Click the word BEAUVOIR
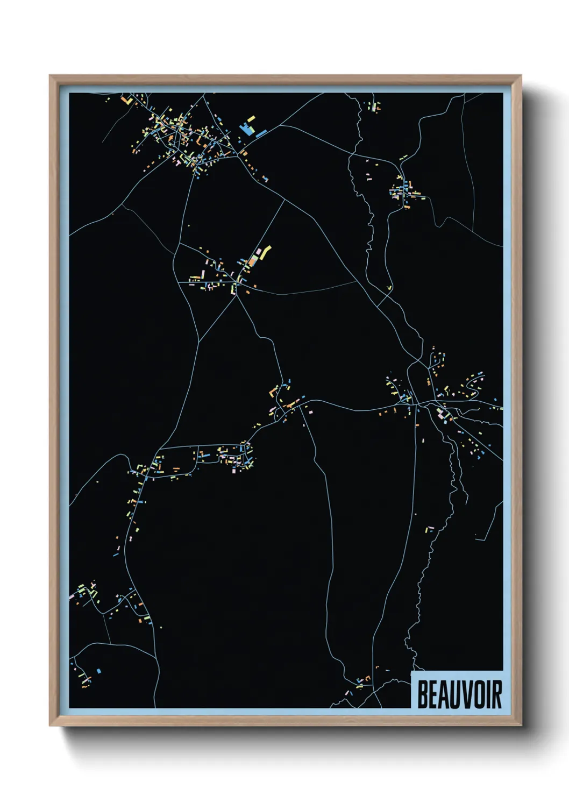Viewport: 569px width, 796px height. (x=459, y=694)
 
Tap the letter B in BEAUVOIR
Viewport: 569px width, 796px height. (x=422, y=694)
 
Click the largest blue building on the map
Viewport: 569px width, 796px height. (x=247, y=130)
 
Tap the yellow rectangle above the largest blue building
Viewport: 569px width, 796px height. (x=251, y=119)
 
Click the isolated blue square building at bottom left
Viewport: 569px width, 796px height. (x=98, y=671)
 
